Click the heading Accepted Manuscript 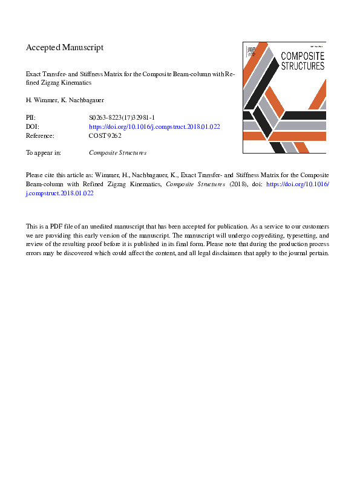(65, 47)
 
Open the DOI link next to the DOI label (154, 127)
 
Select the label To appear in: (44, 153)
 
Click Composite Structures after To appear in (117, 153)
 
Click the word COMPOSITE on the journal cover (303, 56)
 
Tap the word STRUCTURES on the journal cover (303, 65)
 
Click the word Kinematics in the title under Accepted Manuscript (73, 82)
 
